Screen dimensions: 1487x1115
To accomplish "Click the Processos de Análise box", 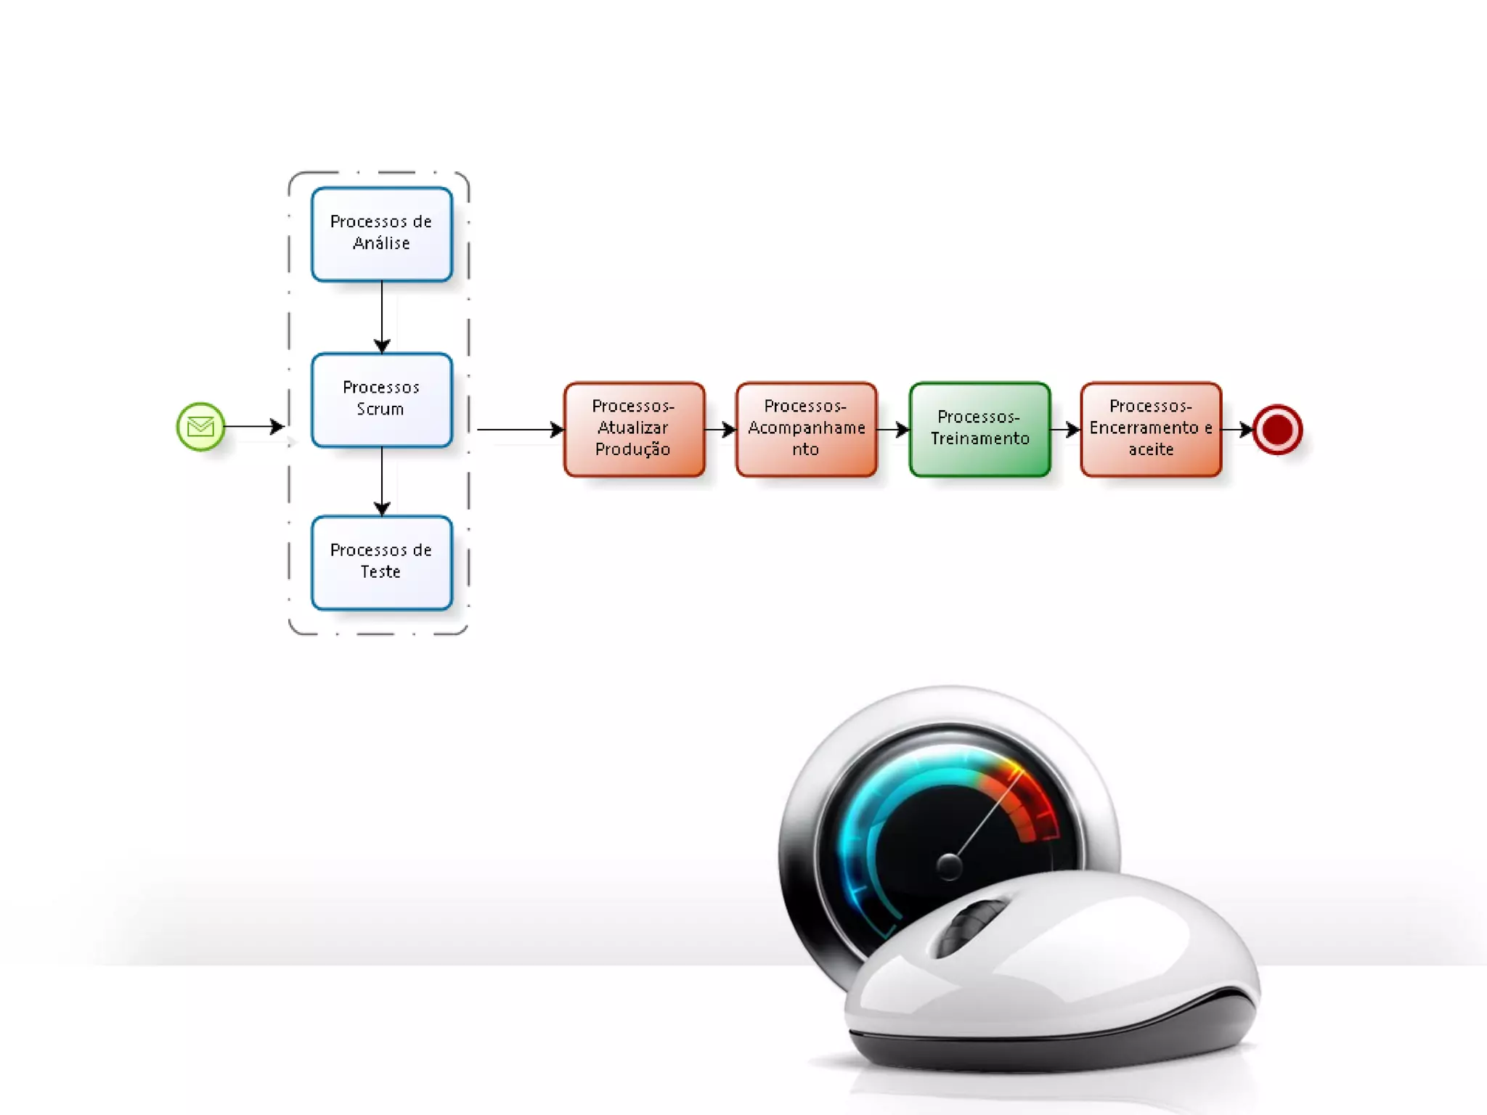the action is (x=381, y=234).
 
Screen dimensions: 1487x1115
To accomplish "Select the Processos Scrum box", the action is (x=381, y=399).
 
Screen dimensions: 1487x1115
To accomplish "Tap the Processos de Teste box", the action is (x=381, y=563).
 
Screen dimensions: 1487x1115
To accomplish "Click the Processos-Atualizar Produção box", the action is (x=634, y=429).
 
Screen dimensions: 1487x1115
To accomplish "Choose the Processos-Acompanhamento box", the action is (x=806, y=429).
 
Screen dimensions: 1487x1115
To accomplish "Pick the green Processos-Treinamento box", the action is (x=979, y=429).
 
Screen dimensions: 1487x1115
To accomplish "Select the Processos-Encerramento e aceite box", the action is (x=1151, y=429).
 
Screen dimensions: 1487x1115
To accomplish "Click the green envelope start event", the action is (x=200, y=427).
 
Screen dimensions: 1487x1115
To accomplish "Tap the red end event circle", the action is (x=1277, y=430).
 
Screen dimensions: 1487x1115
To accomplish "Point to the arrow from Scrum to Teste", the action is (x=382, y=481).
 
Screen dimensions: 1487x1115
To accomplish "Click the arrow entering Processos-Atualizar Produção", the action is (x=519, y=430).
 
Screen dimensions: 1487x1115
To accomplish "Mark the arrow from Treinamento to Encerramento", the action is (x=1065, y=430).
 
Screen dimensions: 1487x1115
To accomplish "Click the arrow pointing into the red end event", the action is (x=1237, y=430).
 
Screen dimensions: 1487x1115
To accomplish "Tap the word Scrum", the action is (x=380, y=409).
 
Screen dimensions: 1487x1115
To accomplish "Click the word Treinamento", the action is (x=980, y=438).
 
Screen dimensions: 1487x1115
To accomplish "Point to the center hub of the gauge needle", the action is (x=949, y=865).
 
